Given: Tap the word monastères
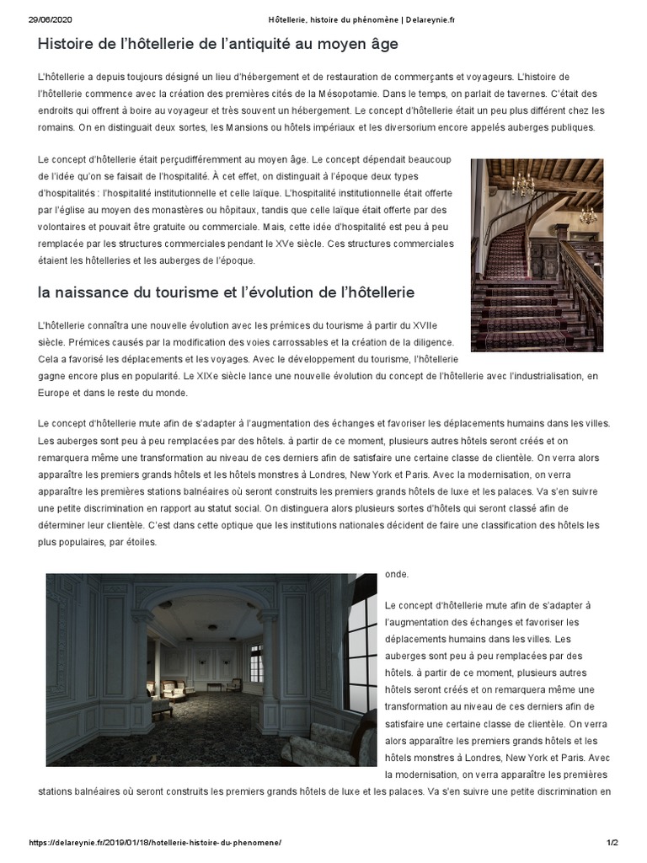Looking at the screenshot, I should (x=202, y=210).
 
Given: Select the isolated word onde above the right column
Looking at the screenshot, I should (x=396, y=574).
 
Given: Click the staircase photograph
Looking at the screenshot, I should (x=537, y=255).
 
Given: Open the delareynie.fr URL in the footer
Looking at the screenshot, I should (x=156, y=842).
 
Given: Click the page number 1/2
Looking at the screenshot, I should (x=612, y=842).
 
